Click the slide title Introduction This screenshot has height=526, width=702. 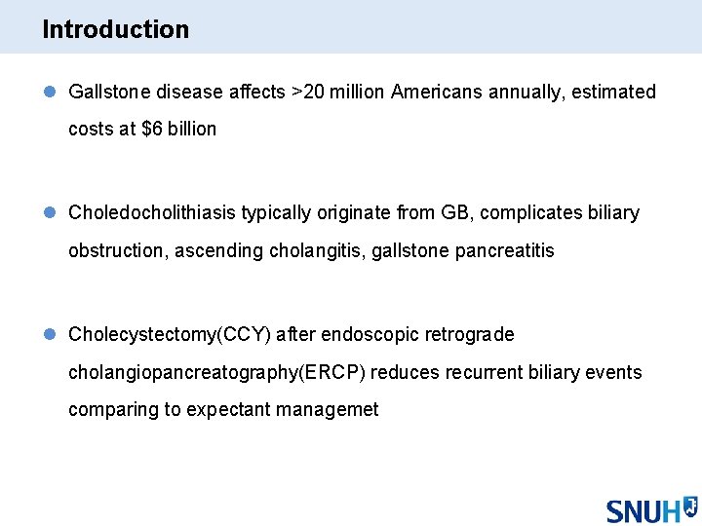tap(115, 29)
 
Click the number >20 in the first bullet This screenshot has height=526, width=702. tap(312, 93)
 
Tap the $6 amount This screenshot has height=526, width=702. tap(152, 130)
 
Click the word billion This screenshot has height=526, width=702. tap(192, 130)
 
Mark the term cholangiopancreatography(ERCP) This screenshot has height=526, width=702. tap(216, 373)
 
